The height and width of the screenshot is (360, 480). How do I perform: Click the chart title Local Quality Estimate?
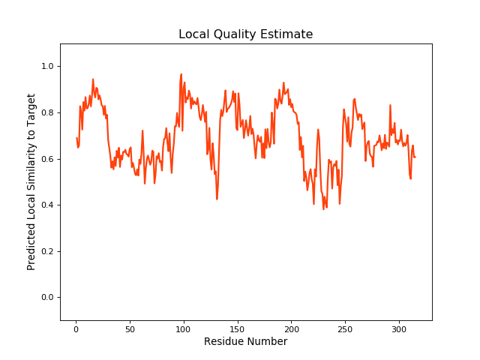coord(245,34)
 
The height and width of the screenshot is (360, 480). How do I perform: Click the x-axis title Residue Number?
coord(245,342)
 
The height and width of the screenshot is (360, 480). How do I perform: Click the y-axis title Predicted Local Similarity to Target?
coord(31,182)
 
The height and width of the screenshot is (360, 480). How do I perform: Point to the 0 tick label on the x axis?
coord(76,328)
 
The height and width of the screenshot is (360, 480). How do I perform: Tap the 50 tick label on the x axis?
coord(130,328)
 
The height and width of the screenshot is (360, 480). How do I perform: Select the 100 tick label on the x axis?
coord(183,328)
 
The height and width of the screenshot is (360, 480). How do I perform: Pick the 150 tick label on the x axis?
coord(237,328)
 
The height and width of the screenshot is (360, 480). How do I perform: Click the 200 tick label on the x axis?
coord(291,328)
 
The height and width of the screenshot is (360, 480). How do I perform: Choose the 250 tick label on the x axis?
coord(345,328)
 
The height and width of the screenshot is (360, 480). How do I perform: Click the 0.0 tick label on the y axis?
coord(46,298)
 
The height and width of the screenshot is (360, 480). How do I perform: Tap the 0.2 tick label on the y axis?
coord(46,251)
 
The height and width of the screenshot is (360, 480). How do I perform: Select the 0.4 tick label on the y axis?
coord(46,205)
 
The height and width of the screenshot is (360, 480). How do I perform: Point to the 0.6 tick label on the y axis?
coord(46,159)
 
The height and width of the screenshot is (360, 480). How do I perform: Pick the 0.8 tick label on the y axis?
coord(46,112)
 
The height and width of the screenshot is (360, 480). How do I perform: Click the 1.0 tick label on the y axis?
coord(46,67)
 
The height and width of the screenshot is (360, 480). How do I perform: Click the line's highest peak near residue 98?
coord(181,74)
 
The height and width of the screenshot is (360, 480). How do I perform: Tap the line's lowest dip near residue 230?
coord(323,208)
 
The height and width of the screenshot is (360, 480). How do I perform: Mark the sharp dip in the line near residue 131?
coord(217,199)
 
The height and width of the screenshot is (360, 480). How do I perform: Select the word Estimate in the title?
coord(287,34)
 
